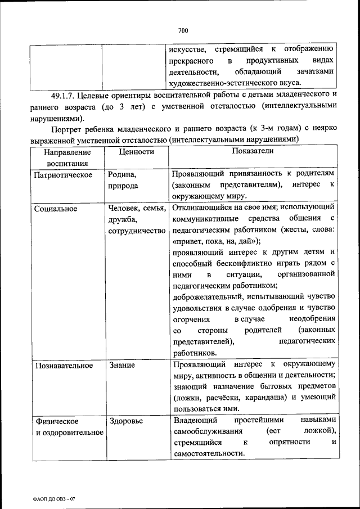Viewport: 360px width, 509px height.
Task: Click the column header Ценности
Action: pyautogui.click(x=136, y=152)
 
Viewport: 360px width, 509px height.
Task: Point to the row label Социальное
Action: pyautogui.click(x=55, y=209)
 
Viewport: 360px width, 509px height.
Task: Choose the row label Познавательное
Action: pyautogui.click(x=64, y=366)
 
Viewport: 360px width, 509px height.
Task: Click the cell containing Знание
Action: pyautogui.click(x=122, y=366)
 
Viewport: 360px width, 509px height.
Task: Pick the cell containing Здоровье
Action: pyautogui.click(x=127, y=421)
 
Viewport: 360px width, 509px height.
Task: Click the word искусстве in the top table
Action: pyautogui.click(x=188, y=49)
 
